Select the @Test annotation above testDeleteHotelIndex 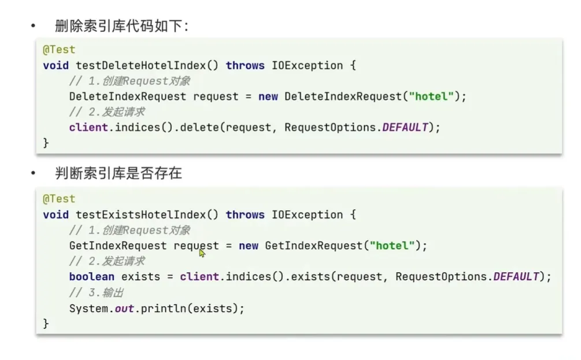[59, 50]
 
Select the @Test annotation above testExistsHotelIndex [59, 199]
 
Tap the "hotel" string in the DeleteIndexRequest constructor [431, 97]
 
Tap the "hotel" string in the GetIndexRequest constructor [392, 246]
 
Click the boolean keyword [91, 277]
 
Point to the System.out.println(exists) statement [157, 308]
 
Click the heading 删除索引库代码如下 [121, 26]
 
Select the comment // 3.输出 [97, 292]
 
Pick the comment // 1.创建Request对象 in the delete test [129, 81]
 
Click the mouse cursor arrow [202, 253]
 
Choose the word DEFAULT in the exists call [516, 277]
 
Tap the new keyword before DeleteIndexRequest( [268, 97]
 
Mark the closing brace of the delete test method [46, 143]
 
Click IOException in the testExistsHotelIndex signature [307, 214]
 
